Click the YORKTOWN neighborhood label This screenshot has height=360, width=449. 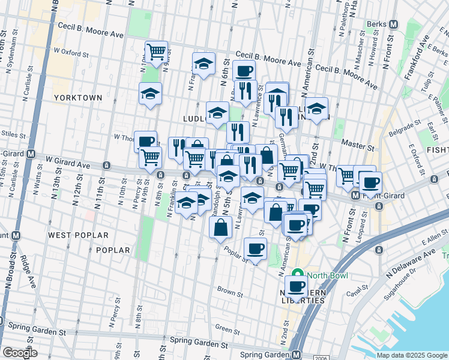pyautogui.click(x=77, y=97)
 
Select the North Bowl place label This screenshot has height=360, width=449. pyautogui.click(x=327, y=276)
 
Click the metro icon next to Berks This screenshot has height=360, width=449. pyautogui.click(x=394, y=24)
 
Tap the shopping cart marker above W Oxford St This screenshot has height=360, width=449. pyautogui.click(x=156, y=52)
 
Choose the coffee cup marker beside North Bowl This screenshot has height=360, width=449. pyautogui.click(x=296, y=287)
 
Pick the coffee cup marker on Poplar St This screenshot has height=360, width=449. pyautogui.click(x=255, y=248)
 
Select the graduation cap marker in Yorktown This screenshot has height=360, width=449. pyautogui.click(x=150, y=94)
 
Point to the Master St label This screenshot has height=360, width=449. pyautogui.click(x=358, y=144)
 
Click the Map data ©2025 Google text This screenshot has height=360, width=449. pyautogui.click(x=412, y=355)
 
